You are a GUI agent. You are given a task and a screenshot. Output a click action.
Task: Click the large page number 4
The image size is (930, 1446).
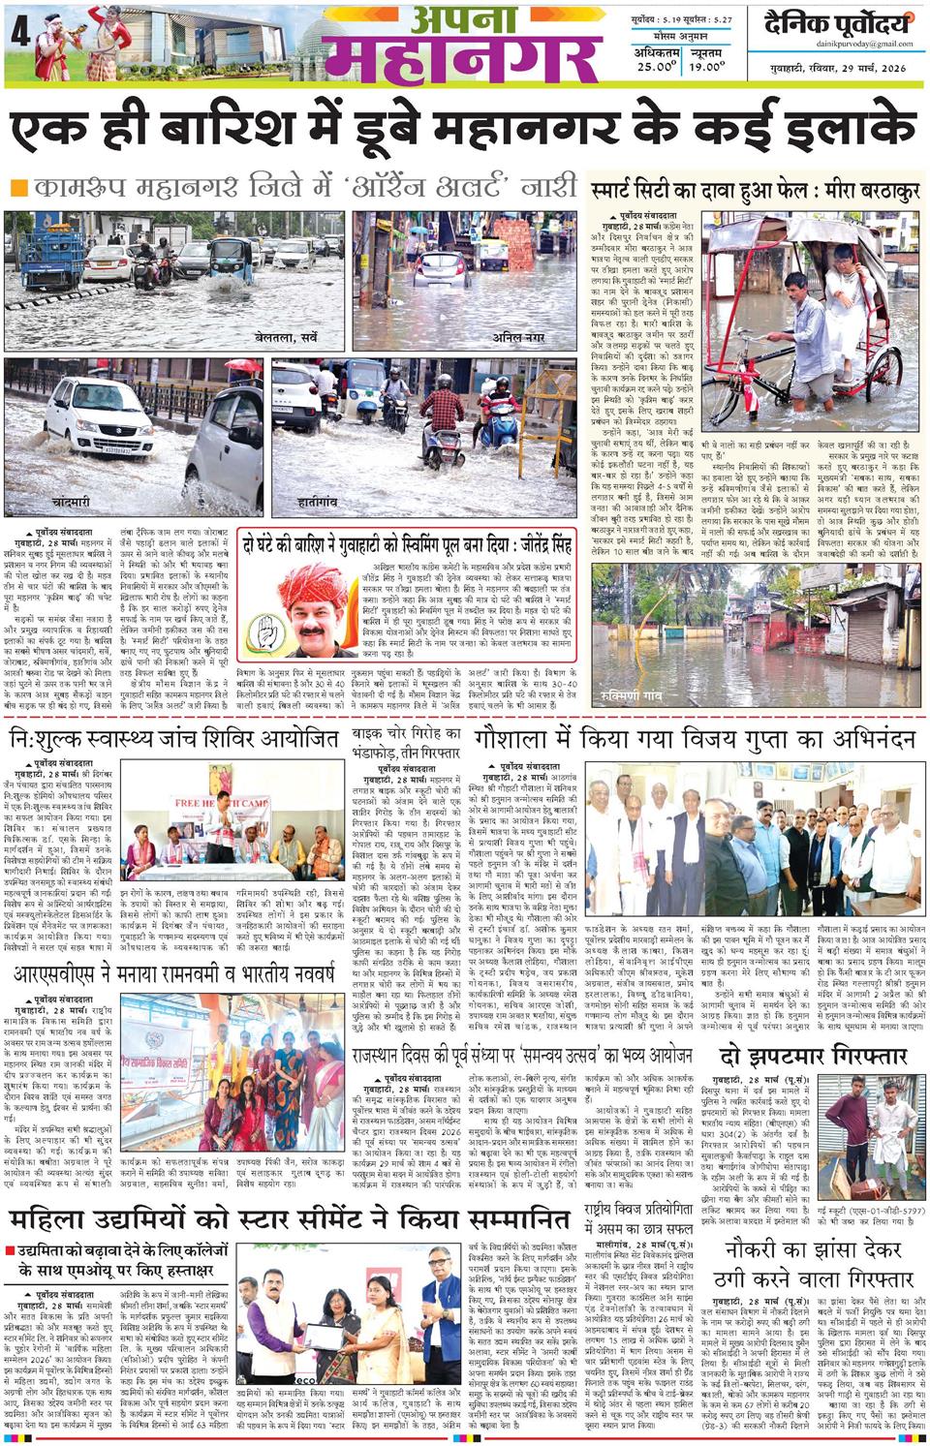point(18,32)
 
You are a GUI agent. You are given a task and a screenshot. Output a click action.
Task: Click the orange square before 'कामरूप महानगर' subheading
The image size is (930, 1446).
point(17,187)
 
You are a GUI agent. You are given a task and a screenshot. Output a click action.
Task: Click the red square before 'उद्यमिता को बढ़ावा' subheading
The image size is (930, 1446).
point(10,1249)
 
